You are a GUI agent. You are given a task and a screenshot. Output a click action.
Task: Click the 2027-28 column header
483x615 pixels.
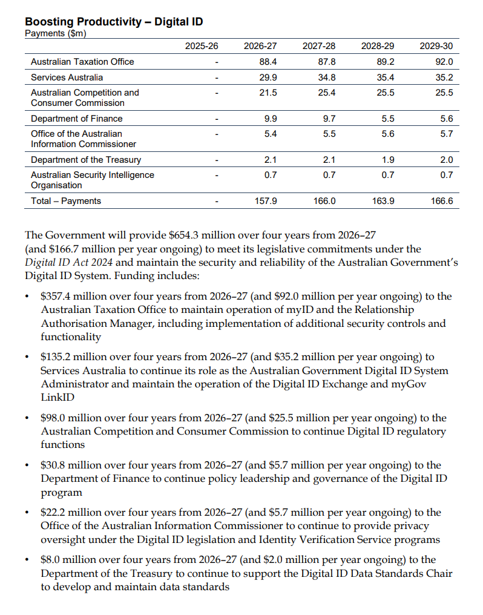319,46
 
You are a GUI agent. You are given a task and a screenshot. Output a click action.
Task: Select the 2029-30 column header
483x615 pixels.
436,46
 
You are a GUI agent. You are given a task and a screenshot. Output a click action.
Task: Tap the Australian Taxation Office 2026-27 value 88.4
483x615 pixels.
268,62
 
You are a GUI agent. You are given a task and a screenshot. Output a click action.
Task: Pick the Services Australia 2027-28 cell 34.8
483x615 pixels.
327,77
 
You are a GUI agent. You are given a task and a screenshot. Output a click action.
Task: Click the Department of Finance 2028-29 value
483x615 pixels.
388,119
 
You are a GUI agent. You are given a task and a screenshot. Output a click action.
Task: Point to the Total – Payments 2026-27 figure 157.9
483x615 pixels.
266,201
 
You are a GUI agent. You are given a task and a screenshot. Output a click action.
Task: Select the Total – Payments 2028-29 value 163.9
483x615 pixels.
383,201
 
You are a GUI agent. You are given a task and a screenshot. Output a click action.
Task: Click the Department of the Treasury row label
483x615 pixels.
86,160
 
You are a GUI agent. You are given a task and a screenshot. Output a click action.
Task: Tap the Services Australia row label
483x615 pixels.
67,77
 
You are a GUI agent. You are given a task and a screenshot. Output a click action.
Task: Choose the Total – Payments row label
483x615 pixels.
66,201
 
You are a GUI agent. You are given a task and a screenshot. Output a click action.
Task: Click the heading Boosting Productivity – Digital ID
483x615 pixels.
114,22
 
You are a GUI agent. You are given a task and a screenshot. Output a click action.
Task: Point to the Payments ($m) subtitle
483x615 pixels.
55,33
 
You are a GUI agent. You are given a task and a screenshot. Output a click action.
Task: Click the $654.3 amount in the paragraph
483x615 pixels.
183,235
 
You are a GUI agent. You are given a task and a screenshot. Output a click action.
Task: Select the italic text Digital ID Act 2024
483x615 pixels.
68,262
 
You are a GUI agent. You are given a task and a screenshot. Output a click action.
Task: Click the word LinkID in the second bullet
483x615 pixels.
57,397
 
